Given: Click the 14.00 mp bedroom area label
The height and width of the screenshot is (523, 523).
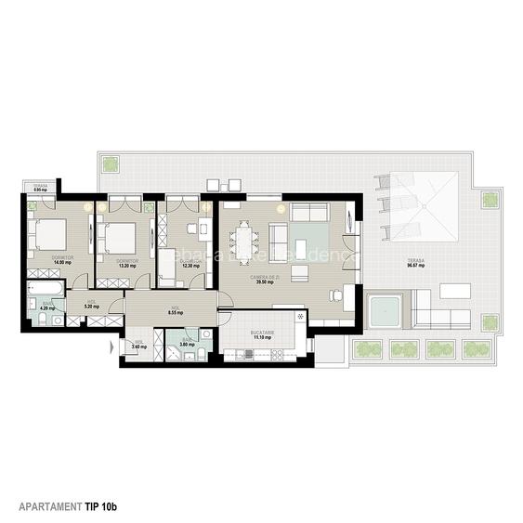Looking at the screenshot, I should click(x=62, y=262).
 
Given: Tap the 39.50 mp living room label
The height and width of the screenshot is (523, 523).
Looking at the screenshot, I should click(x=261, y=280).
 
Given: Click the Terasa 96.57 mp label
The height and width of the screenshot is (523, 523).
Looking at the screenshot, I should click(x=415, y=264).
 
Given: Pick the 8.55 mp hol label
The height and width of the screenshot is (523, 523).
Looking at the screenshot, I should click(x=174, y=312).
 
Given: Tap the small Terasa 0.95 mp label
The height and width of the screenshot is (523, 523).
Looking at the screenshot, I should click(x=39, y=189).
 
